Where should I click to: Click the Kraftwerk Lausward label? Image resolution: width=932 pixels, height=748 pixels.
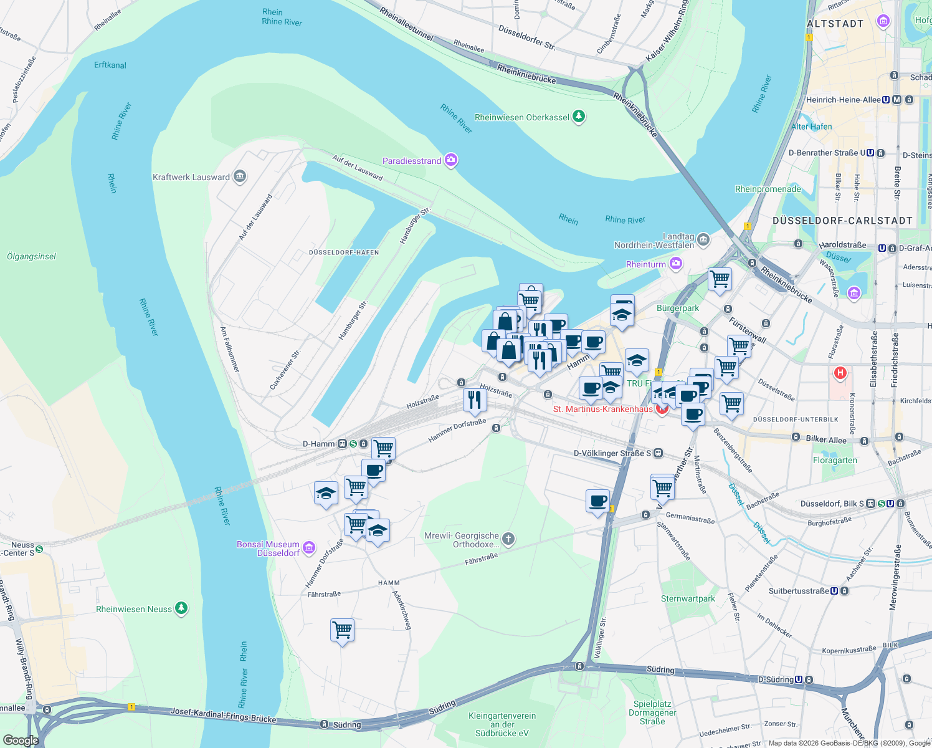[x=191, y=177]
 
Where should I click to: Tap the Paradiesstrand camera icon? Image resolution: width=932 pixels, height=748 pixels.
[x=452, y=160]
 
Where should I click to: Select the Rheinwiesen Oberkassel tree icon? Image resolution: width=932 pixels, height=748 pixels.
[x=579, y=117]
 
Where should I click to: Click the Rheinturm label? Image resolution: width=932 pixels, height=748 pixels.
[x=645, y=264]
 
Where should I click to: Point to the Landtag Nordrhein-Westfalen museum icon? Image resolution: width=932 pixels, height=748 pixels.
[x=703, y=239]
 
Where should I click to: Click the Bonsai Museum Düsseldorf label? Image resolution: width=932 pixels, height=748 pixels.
[x=269, y=549]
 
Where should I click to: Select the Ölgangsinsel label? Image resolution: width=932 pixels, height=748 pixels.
[x=31, y=256]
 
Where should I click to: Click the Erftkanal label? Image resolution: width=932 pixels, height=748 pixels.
[x=110, y=65]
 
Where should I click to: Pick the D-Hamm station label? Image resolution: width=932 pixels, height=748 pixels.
[x=318, y=444]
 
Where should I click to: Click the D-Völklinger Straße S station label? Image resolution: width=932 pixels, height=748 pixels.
[x=612, y=453]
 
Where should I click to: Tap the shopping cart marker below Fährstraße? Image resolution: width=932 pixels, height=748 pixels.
[x=343, y=630]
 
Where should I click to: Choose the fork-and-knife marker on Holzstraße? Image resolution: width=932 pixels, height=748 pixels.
[x=475, y=400]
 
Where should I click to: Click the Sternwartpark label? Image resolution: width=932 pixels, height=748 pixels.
[x=688, y=598]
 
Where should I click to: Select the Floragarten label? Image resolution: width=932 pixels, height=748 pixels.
[x=835, y=460]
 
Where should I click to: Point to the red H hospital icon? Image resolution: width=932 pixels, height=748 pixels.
[x=840, y=373]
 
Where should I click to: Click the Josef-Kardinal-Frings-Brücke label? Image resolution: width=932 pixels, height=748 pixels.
[x=223, y=715]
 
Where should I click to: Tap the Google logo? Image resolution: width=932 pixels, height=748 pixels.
[x=21, y=740]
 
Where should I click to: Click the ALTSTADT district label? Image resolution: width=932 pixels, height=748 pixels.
[x=835, y=24]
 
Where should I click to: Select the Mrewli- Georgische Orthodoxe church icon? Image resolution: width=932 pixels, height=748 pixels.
[x=508, y=539]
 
